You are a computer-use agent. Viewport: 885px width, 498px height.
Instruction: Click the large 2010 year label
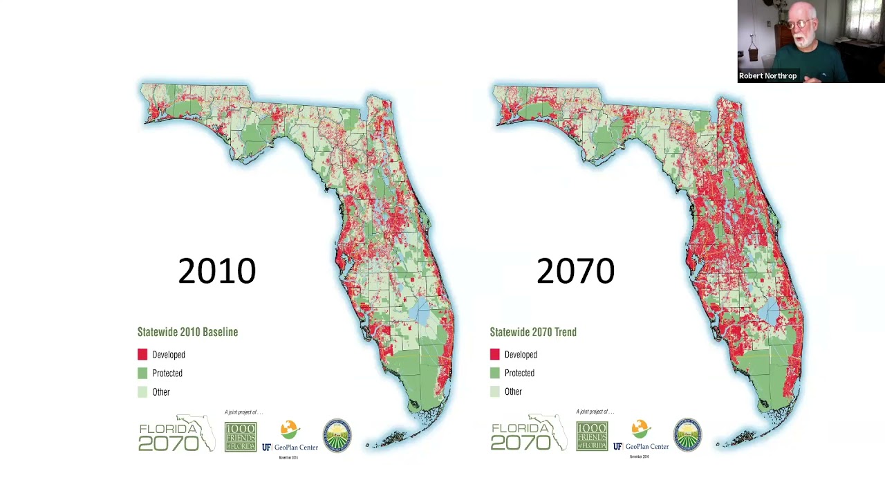[x=216, y=270]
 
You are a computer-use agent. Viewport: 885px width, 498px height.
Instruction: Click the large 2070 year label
[x=575, y=270]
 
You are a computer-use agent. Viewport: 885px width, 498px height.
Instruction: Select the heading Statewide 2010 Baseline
[x=187, y=332]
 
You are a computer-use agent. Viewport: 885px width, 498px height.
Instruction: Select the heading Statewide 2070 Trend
[x=533, y=332]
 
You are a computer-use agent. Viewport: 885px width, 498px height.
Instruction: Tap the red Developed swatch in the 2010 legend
[x=142, y=354]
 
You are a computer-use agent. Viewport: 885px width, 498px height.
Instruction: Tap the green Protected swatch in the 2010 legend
[x=142, y=373]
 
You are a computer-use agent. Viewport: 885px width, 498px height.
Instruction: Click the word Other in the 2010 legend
[x=161, y=392]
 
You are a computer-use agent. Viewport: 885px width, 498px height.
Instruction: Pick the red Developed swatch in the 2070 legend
[x=494, y=354]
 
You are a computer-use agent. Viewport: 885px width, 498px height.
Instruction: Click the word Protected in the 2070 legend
[x=519, y=373]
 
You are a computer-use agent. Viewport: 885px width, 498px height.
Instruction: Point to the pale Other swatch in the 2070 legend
[x=494, y=391]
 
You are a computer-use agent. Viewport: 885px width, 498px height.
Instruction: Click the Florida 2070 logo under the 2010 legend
[x=176, y=434]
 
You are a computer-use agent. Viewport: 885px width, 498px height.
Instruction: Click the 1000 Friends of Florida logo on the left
[x=241, y=436]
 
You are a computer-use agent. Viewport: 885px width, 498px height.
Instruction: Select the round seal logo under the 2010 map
[x=337, y=435]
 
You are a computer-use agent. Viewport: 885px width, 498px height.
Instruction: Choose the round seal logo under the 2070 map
[x=687, y=435]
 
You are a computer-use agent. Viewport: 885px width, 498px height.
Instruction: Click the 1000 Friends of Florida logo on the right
[x=592, y=436]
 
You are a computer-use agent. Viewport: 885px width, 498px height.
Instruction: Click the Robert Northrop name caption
[x=767, y=76]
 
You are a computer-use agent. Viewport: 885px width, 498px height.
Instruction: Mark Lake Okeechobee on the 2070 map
[x=770, y=313]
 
